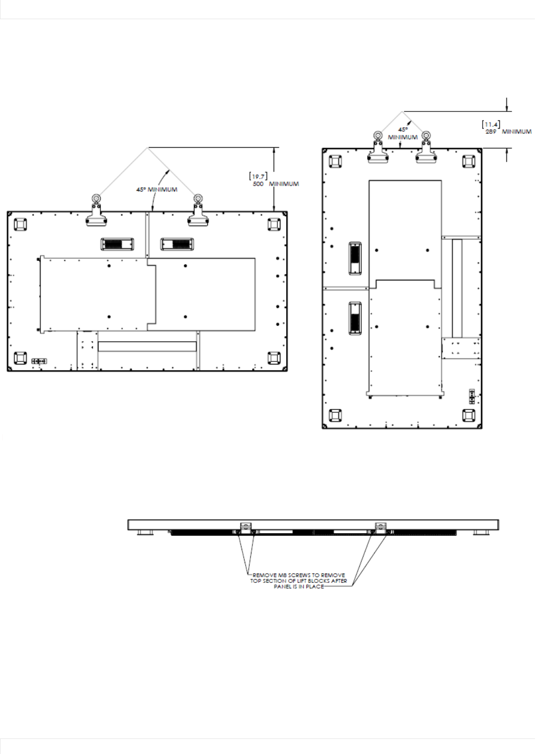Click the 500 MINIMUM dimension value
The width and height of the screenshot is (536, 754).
coord(276,184)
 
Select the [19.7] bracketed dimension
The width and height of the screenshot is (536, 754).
coord(259,176)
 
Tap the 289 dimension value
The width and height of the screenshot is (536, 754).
coord(491,132)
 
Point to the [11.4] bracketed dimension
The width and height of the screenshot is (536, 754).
coord(491,124)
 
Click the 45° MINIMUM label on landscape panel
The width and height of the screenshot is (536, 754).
coord(157,189)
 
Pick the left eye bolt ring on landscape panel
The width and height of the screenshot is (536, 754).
coord(96,198)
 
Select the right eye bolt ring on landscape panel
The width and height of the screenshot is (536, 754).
coord(198,198)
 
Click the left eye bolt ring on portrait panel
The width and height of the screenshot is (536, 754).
coord(378,136)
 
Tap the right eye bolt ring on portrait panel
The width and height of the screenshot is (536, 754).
coord(426,136)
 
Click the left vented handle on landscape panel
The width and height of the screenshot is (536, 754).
coord(117,244)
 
